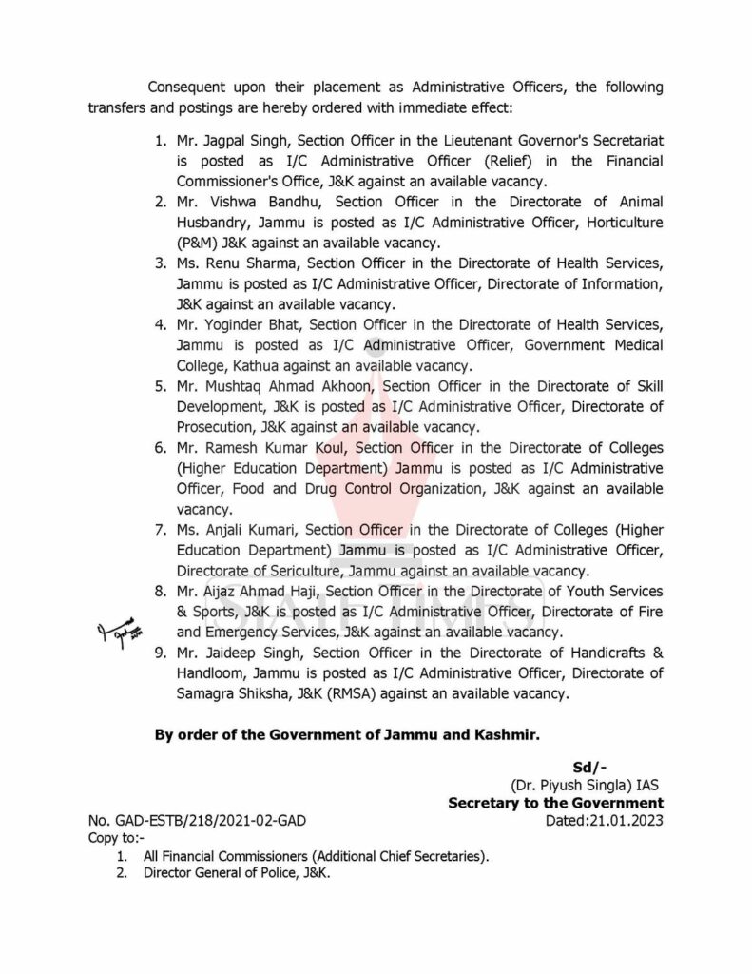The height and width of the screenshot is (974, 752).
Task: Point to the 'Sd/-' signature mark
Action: pyautogui.click(x=589, y=768)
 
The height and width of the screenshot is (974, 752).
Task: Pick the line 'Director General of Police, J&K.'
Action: pyautogui.click(x=237, y=873)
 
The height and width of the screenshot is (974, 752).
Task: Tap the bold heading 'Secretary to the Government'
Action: pyautogui.click(x=555, y=804)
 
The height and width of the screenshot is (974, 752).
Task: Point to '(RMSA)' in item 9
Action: pyautogui.click(x=361, y=694)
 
